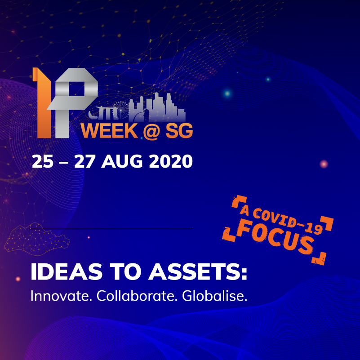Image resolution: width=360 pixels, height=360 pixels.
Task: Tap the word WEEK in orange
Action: tap(109, 131)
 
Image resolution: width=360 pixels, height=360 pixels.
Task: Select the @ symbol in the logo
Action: tap(151, 131)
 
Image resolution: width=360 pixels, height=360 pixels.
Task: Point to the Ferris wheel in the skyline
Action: tap(121, 110)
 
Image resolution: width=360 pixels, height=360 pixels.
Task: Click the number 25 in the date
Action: tap(43, 161)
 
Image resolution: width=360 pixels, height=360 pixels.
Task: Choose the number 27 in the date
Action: tap(84, 161)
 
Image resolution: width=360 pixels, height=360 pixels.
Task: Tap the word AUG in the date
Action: tap(122, 161)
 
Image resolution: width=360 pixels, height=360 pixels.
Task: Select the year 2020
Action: tap(171, 161)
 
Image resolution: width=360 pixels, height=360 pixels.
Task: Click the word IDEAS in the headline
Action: tap(67, 271)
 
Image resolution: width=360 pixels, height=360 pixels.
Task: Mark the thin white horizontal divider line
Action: tap(111, 229)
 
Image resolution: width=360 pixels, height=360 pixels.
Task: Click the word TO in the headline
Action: tap(125, 271)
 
